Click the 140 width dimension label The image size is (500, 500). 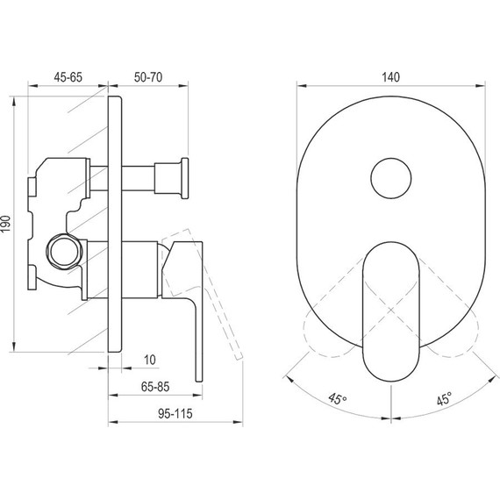pyautogui.click(x=391, y=76)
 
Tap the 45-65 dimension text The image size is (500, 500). pyautogui.click(x=68, y=76)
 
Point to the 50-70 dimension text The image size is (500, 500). pyautogui.click(x=146, y=76)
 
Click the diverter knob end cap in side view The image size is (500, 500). pyautogui.click(x=184, y=179)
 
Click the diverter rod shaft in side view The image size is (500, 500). pyautogui.click(x=140, y=179)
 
